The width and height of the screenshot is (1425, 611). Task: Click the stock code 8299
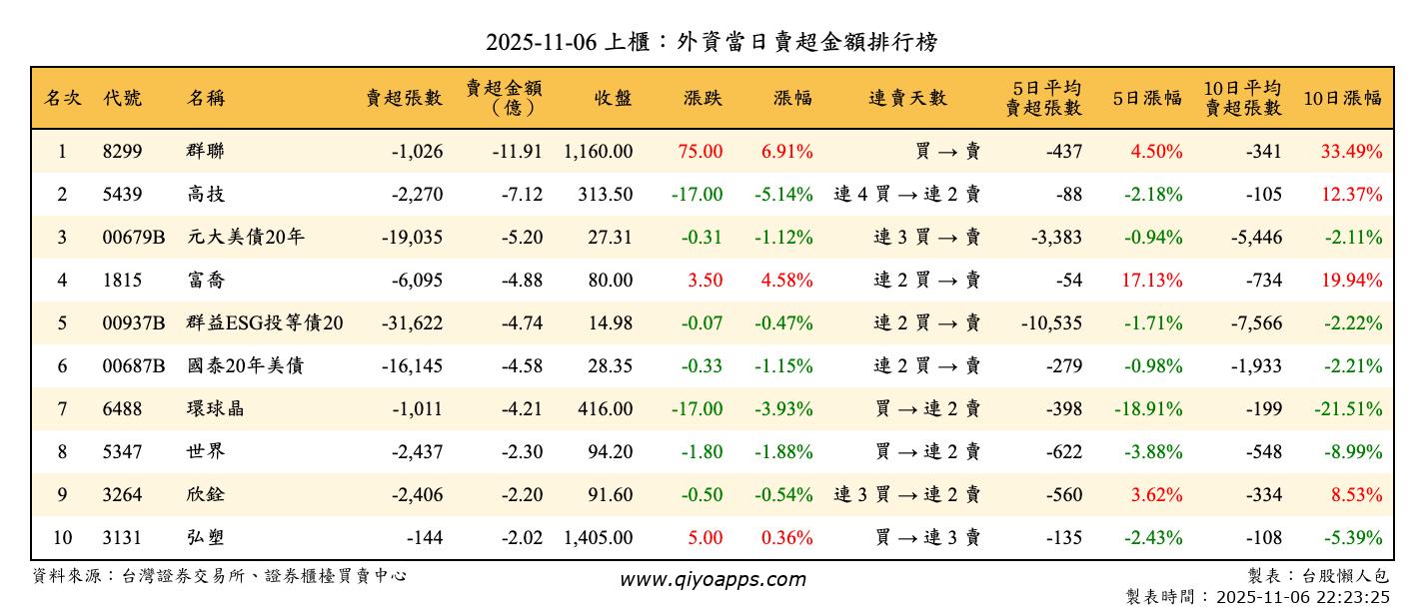click(123, 152)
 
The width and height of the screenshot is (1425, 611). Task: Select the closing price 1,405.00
click(598, 538)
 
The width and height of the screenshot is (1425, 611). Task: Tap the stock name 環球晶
click(215, 409)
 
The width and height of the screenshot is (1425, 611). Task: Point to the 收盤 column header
click(614, 98)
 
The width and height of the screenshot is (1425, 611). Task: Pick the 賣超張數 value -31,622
click(412, 323)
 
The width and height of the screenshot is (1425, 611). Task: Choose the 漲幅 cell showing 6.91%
click(786, 152)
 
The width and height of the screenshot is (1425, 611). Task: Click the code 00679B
click(134, 238)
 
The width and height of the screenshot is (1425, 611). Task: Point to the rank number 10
click(62, 538)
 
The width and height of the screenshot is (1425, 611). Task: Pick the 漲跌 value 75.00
click(700, 152)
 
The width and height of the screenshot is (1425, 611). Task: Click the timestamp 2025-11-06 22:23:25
click(1302, 597)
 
